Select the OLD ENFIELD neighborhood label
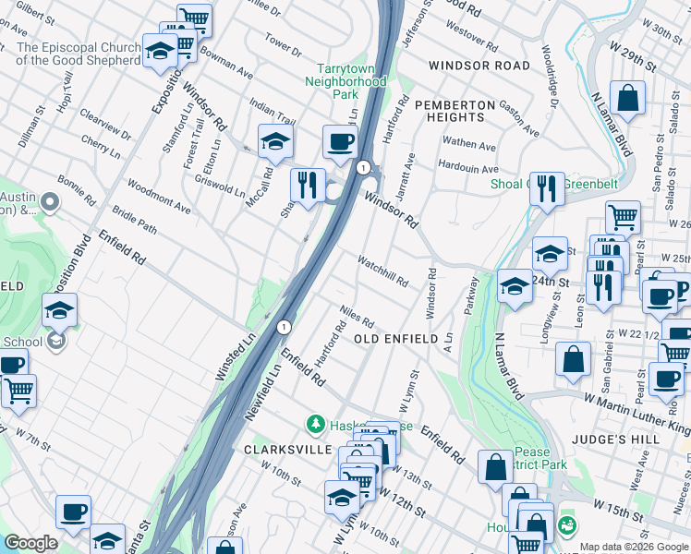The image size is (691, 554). click(x=396, y=340)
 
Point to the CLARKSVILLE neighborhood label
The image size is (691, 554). click(x=287, y=449)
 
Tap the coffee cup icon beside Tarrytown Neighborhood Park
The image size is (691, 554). click(x=340, y=143)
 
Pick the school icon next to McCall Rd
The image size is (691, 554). click(x=275, y=141)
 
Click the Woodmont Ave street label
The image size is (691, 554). click(x=159, y=197)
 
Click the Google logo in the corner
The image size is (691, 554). click(x=30, y=543)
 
